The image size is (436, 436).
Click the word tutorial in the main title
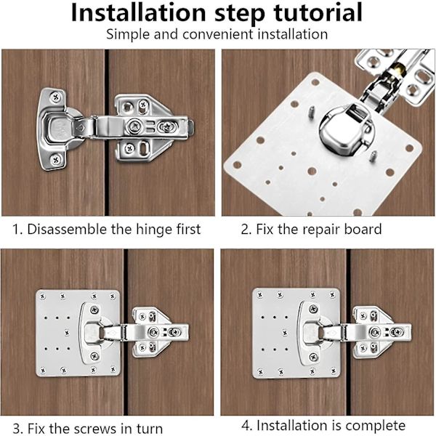point(318,12)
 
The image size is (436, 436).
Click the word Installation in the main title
point(138,12)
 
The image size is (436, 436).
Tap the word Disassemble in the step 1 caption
point(67,230)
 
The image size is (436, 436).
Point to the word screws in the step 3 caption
point(95,429)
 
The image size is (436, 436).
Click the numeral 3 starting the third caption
point(17,429)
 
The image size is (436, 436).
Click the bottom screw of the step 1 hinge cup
point(56,160)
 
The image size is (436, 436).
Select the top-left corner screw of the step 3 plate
point(43,296)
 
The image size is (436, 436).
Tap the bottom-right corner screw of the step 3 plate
point(113,369)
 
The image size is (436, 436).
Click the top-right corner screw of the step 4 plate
point(332,294)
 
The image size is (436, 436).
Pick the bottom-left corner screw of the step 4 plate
point(261,371)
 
